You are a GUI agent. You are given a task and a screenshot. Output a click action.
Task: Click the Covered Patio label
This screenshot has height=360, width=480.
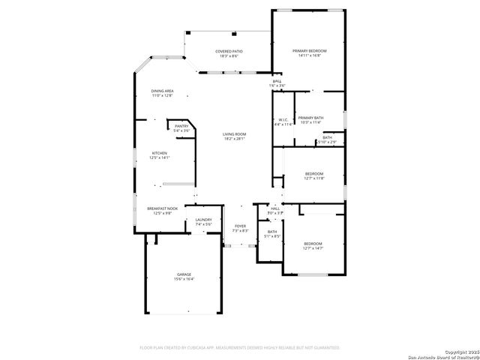tap(229, 51)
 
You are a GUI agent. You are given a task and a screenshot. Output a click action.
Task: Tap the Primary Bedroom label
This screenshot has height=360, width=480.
tap(309, 50)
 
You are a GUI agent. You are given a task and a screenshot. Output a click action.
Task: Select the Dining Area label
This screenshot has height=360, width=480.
tap(162, 91)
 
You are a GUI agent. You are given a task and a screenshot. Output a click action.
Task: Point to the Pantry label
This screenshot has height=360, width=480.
tap(181, 126)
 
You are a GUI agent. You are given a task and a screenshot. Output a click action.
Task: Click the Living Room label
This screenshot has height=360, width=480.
tap(235, 134)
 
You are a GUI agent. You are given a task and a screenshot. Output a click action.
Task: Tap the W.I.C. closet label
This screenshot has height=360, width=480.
tap(283, 119)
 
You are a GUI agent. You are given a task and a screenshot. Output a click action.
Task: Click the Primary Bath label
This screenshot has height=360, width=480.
tap(310, 118)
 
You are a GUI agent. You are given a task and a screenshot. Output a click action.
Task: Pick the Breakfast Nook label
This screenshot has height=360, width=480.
tap(162, 208)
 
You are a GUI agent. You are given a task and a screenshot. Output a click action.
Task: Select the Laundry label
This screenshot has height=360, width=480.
tap(204, 220)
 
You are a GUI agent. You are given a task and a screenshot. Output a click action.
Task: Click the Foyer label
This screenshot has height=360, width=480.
tap(240, 226)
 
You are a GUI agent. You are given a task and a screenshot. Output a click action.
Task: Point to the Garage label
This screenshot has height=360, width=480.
tap(184, 274)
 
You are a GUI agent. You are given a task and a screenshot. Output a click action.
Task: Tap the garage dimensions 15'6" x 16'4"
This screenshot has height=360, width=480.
tap(184, 279)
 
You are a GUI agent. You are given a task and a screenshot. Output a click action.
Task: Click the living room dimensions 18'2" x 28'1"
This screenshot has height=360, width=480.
tap(235, 139)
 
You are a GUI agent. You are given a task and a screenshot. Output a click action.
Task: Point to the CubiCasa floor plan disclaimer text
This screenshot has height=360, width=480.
tap(240, 347)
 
